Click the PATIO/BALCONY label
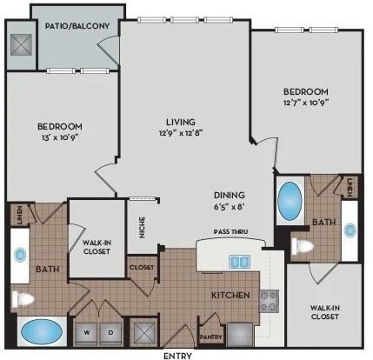(x=77, y=26)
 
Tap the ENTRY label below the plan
(x=177, y=356)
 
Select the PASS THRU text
(x=230, y=231)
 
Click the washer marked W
(x=87, y=333)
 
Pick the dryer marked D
(x=110, y=333)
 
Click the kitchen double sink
(x=240, y=262)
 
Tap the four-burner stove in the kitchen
(x=269, y=301)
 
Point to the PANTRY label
(x=211, y=337)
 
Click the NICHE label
(x=142, y=227)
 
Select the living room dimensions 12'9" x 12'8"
(x=181, y=133)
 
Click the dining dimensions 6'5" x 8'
(x=230, y=207)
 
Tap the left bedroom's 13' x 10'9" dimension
(x=60, y=137)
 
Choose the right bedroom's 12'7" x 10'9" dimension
(x=306, y=103)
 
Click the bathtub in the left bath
(x=42, y=331)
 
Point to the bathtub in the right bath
(x=290, y=200)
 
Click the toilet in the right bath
(x=303, y=247)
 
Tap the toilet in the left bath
(x=23, y=299)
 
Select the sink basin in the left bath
(x=20, y=255)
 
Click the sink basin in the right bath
(x=350, y=230)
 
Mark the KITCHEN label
(x=230, y=296)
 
